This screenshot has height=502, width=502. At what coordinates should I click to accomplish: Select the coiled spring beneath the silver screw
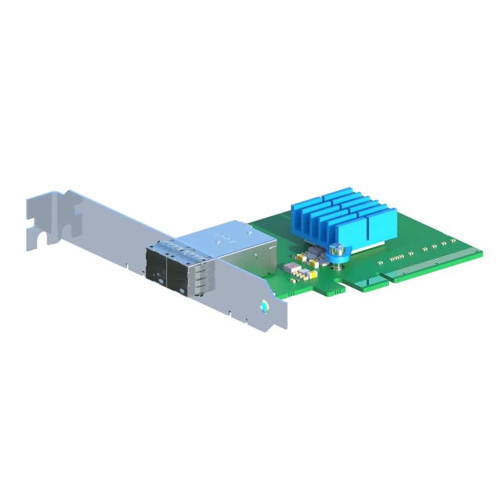point(337,258)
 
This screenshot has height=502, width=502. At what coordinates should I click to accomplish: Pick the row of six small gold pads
point(397,257)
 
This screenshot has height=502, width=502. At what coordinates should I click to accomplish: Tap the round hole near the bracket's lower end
point(264,306)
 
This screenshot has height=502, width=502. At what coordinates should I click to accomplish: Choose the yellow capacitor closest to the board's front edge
point(312,274)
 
